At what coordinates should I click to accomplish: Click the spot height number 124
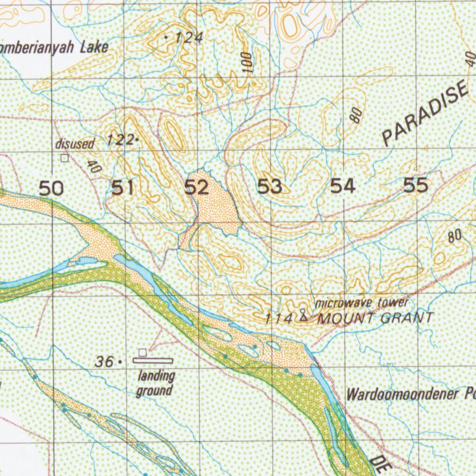[188, 38]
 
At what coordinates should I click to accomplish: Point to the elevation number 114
[279, 319]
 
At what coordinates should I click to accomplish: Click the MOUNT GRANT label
[376, 318]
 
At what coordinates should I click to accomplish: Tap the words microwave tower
[362, 303]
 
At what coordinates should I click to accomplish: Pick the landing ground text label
[155, 383]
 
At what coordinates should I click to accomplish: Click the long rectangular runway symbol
[153, 360]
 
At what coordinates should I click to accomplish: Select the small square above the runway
[143, 352]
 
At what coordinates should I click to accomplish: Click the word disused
[75, 144]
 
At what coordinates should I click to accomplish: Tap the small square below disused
[64, 158]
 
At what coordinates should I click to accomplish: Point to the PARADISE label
[424, 113]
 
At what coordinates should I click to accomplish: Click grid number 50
[51, 189]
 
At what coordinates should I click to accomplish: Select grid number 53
[270, 187]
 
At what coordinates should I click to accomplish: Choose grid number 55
[416, 185]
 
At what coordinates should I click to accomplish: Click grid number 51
[123, 188]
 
